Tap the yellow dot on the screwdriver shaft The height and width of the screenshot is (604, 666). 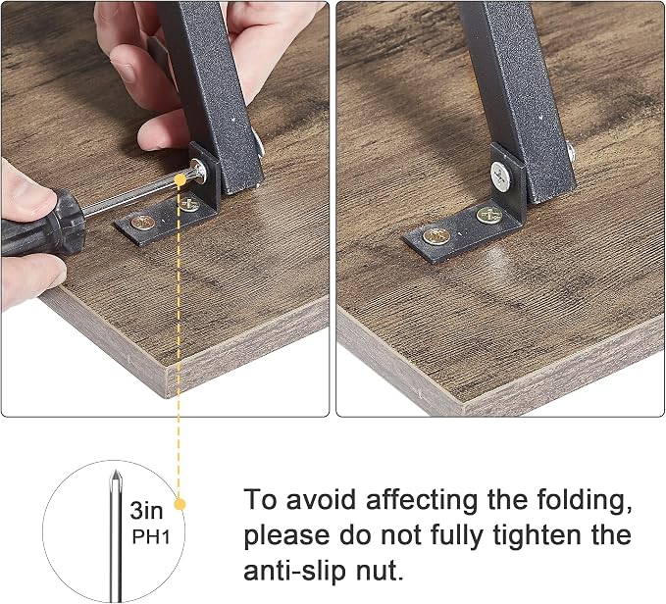pos(179,180)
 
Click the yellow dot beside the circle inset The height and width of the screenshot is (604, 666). pos(180,504)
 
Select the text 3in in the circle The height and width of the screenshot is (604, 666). pos(146,511)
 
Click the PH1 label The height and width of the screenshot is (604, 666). pos(151,537)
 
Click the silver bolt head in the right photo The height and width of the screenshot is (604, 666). pos(501,175)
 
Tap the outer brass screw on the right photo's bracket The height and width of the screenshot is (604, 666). pos(436,236)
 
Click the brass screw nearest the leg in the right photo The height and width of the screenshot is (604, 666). pos(489,215)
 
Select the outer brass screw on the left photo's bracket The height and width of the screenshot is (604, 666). pos(143,222)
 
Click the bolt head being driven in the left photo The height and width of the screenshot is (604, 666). pos(198,171)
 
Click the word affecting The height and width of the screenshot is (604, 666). pos(422,500)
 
